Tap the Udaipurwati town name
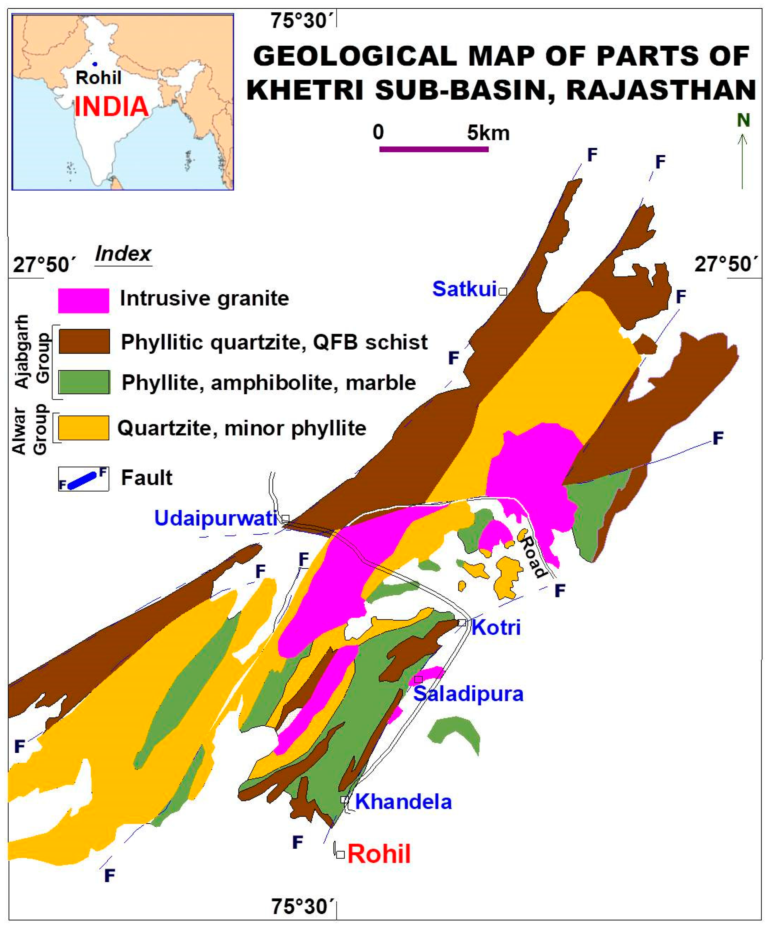pyautogui.click(x=216, y=518)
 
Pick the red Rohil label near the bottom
pyautogui.click(x=379, y=854)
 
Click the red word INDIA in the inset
pyautogui.click(x=111, y=107)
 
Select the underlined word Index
pyautogui.click(x=123, y=254)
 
